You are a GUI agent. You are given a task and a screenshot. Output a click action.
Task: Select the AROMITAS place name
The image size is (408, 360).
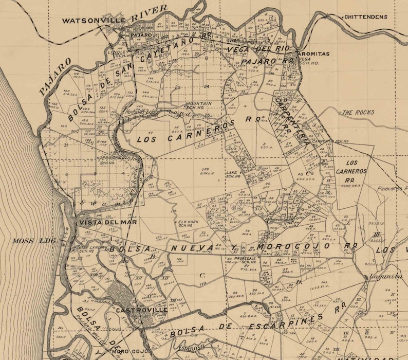click(x=314, y=54)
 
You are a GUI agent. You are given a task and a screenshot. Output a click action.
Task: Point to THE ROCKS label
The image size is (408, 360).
click(x=358, y=112)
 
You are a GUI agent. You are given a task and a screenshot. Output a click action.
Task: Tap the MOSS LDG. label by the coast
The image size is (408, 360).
click(x=31, y=240)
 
